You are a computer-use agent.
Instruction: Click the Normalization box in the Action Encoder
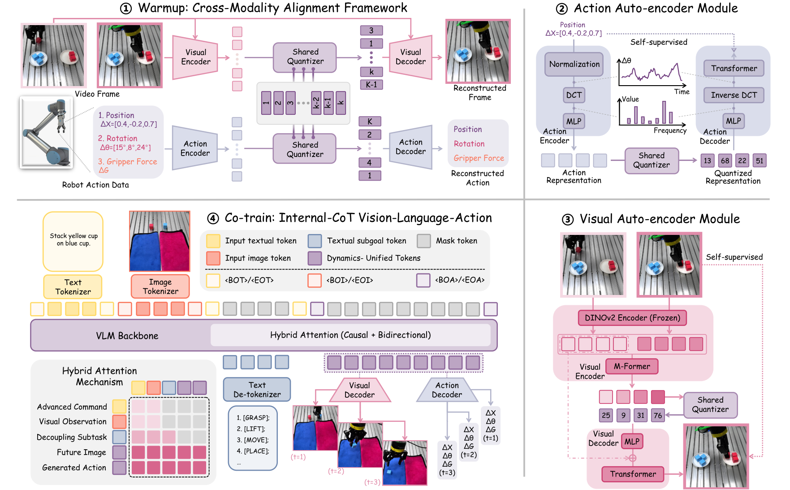coord(574,64)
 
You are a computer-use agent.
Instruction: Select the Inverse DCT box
coord(734,95)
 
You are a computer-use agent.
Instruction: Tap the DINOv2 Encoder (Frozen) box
coord(632,318)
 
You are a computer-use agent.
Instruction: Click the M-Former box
coord(631,366)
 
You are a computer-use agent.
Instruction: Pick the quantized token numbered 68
coord(725,160)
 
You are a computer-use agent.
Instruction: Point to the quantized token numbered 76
coord(657,415)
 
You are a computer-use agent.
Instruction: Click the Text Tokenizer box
coord(73,287)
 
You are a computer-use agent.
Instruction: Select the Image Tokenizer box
coord(160,286)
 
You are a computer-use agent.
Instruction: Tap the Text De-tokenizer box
coord(257,390)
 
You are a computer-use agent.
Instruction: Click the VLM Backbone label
coord(127,336)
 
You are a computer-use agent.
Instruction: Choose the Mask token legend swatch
coord(423,241)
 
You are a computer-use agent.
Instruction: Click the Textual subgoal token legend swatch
coord(315,241)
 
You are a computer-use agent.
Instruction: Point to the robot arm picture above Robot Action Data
coord(46,132)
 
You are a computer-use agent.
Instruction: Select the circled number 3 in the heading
coord(567,219)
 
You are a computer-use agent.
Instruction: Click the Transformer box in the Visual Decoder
coord(632,474)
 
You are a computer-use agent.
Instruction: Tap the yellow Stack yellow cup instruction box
coord(73,241)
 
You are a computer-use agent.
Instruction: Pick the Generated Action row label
coord(74,468)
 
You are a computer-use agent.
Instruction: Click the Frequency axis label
coord(669,130)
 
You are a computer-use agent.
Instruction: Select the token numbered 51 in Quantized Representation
coord(759,160)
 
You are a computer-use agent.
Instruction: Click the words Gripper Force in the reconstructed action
coord(479,158)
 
